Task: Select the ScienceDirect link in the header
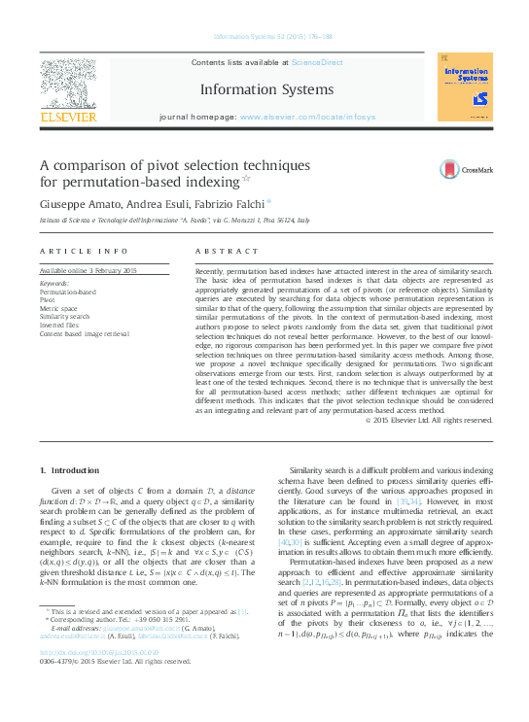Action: tap(318, 62)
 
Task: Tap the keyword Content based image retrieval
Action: tap(84, 334)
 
